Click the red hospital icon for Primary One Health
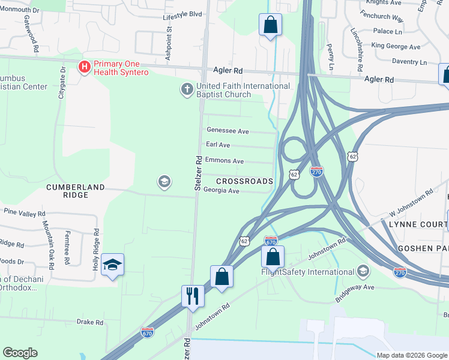click(85, 66)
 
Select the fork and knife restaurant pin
click(193, 296)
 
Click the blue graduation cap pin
click(112, 265)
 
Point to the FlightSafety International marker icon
click(363, 272)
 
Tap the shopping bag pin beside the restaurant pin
click(221, 277)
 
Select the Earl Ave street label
click(218, 145)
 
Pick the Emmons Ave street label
click(224, 161)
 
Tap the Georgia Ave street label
click(221, 191)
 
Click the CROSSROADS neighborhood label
click(244, 181)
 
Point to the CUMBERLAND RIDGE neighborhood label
click(76, 187)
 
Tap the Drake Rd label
click(90, 322)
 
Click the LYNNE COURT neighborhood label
click(418, 224)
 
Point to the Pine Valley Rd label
click(25, 212)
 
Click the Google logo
click(20, 353)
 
